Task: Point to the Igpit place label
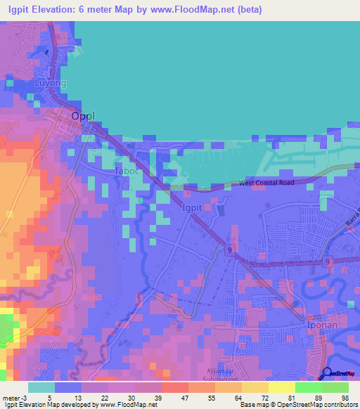[x=195, y=209]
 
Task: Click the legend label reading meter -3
[x=13, y=397]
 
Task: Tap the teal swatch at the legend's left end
[x=41, y=387]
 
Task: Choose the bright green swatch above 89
[x=308, y=387]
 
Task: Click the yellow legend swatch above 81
[x=281, y=387]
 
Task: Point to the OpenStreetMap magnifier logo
[x=327, y=373]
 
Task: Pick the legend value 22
[x=94, y=397]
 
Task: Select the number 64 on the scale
[x=227, y=397]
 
